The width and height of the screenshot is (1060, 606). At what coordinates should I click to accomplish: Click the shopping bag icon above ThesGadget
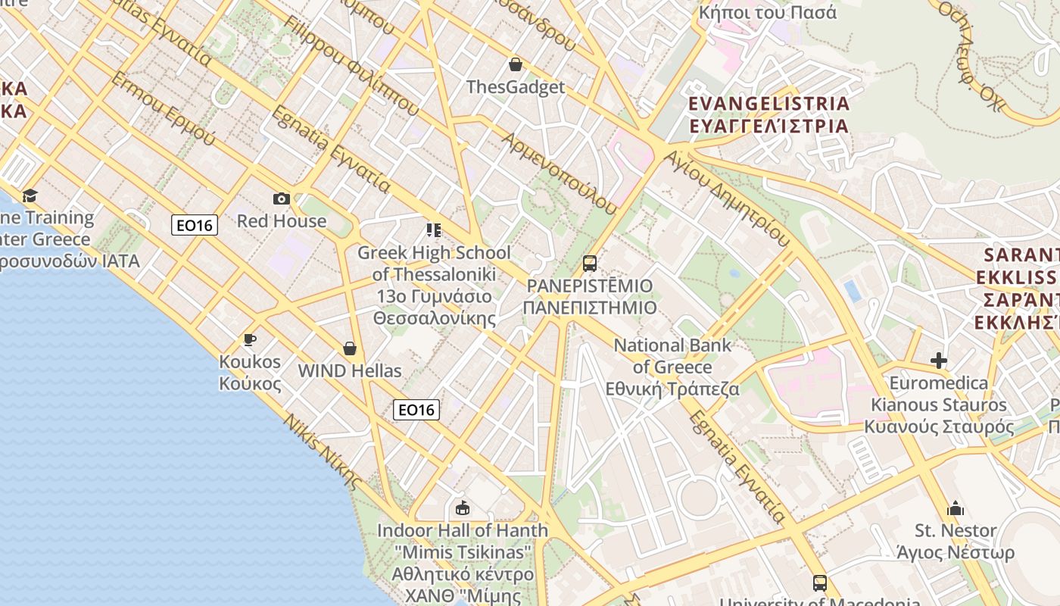(x=516, y=64)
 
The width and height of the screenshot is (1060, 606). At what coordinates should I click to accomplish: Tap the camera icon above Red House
(x=282, y=199)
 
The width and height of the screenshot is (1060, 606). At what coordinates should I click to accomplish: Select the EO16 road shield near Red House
(x=195, y=225)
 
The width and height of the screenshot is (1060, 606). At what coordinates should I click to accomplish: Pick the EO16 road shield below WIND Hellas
(x=416, y=410)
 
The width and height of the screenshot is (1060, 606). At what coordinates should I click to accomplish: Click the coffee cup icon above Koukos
(x=250, y=339)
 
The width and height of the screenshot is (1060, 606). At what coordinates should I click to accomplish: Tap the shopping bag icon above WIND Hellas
(x=350, y=348)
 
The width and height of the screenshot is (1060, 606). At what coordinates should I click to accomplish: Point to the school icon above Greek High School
(x=433, y=230)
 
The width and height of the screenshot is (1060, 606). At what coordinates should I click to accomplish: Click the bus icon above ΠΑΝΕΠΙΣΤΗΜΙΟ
(x=589, y=264)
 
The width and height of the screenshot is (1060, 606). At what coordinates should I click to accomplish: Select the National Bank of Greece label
(x=672, y=367)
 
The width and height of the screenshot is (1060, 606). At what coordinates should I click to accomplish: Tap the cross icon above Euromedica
(x=939, y=361)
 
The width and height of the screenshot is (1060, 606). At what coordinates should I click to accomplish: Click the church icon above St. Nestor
(x=956, y=508)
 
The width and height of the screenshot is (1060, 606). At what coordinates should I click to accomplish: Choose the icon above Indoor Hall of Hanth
(x=463, y=508)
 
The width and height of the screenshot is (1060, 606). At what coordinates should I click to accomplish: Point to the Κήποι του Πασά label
(x=768, y=12)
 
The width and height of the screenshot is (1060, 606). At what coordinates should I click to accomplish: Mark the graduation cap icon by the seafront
(x=30, y=196)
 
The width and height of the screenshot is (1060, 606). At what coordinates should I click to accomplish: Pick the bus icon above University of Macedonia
(x=819, y=583)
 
